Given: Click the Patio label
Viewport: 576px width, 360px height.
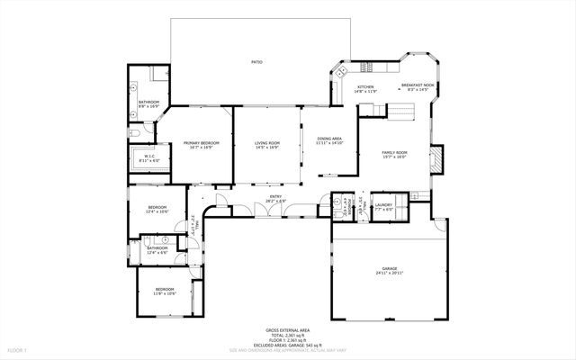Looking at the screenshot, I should pos(256,62).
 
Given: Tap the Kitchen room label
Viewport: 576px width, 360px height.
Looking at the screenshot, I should pos(365,87).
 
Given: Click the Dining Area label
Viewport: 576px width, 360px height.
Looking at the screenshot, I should pos(330,138).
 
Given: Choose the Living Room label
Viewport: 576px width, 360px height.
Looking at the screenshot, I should pos(267,142).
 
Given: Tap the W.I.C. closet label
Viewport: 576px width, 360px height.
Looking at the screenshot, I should pos(150,156).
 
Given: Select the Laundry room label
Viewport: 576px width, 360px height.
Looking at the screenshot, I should pos(384,205).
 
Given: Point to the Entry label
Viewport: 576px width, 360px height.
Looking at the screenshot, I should pos(275,197).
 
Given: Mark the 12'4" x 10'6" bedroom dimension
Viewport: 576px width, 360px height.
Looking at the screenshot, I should pos(157,212).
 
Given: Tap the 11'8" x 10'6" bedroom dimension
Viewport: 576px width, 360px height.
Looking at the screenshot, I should pos(164,293).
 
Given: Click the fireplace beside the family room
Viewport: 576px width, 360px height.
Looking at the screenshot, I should pos(436,160).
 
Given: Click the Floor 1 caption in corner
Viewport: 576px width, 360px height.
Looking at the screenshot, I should pos(18,349).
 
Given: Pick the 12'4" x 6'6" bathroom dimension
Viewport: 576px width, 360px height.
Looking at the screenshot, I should pos(157,253).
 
